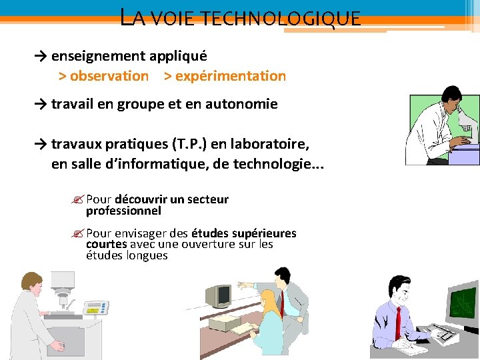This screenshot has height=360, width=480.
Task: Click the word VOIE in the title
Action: tap(173, 18)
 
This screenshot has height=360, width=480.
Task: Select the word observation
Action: tap(109, 76)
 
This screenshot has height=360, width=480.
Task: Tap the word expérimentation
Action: tap(230, 76)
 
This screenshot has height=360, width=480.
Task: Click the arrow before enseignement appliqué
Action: tap(41, 57)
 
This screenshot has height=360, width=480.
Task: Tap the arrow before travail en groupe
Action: tap(41, 104)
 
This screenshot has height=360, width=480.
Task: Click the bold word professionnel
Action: tap(123, 211)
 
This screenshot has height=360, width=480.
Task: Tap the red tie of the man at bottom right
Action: tap(398, 322)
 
